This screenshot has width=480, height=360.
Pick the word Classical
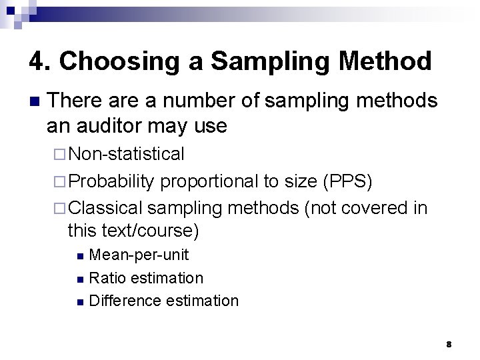(106, 208)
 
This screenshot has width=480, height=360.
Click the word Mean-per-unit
(138, 255)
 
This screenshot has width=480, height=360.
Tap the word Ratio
(106, 277)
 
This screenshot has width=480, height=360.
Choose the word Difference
(125, 301)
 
